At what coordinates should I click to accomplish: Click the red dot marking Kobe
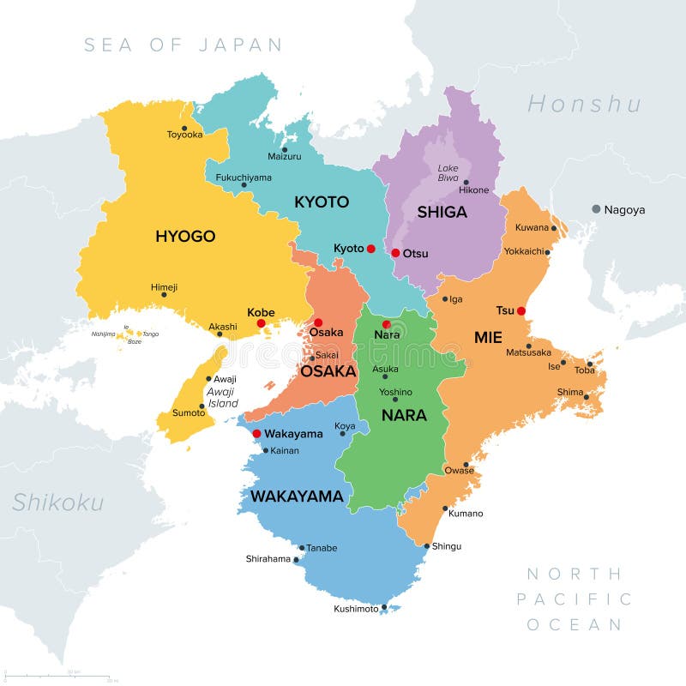262,323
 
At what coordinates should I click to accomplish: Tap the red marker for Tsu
521,311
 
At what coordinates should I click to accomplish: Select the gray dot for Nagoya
596,209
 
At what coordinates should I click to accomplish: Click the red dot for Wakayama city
256,434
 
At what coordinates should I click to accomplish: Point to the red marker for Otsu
395,253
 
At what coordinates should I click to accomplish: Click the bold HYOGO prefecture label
185,236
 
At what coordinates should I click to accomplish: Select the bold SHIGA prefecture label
442,212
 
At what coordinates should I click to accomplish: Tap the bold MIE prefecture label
488,337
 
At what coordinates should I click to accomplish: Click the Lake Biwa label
448,174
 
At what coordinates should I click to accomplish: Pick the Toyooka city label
184,135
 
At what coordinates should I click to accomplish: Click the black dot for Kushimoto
384,608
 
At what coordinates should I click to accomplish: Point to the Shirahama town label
268,559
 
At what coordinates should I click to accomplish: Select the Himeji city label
164,287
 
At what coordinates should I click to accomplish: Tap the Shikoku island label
57,502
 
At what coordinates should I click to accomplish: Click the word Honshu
584,104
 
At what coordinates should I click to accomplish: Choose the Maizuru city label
284,156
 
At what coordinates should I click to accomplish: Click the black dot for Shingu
426,545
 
